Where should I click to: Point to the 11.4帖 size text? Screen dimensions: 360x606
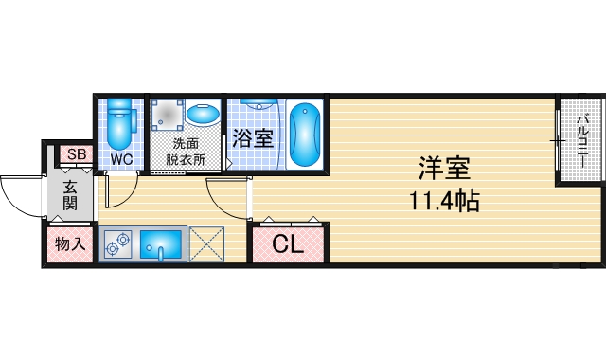443,201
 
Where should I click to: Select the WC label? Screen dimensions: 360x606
121,159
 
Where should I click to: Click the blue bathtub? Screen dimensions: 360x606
304,134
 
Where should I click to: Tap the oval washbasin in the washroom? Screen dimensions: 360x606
202,116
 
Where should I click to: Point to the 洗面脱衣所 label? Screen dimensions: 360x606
185,152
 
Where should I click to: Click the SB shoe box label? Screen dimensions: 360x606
76,155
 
